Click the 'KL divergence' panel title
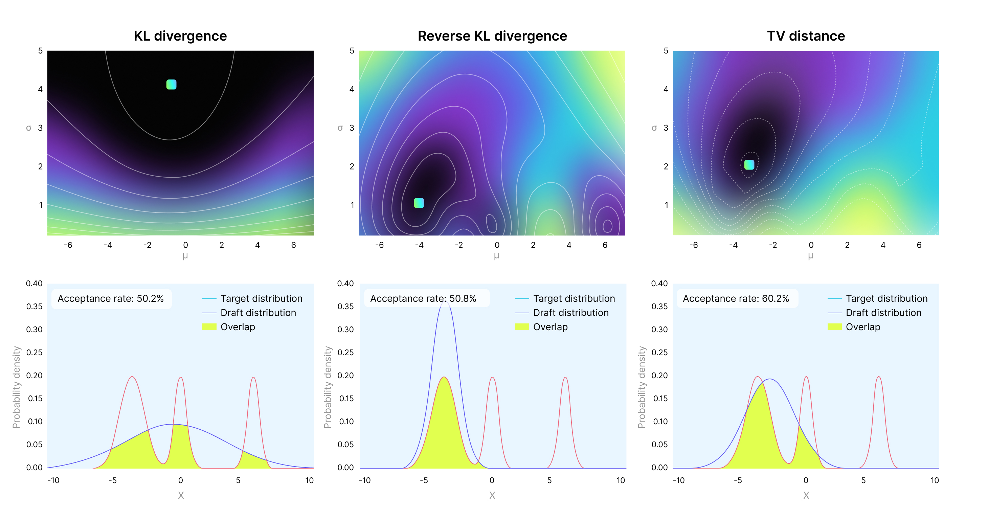tap(180, 36)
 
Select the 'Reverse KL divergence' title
tap(492, 36)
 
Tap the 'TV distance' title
tap(806, 36)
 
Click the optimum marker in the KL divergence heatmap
tap(172, 84)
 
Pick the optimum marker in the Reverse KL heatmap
tap(419, 203)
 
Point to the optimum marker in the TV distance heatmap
tap(749, 164)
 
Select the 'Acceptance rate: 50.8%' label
tap(423, 299)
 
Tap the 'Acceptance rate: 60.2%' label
tap(736, 299)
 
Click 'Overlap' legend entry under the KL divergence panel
tap(238, 327)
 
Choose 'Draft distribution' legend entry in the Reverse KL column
tap(570, 313)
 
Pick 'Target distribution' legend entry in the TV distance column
tap(886, 299)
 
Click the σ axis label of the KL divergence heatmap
tap(28, 128)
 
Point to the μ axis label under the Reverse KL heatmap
tap(496, 256)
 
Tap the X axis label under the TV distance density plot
tap(806, 495)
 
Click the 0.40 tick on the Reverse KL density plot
tap(345, 284)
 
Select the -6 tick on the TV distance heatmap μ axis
tap(693, 245)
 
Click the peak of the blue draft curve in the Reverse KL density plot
tap(444, 302)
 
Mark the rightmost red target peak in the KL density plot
tap(253, 378)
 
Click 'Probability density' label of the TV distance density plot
tap(642, 387)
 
